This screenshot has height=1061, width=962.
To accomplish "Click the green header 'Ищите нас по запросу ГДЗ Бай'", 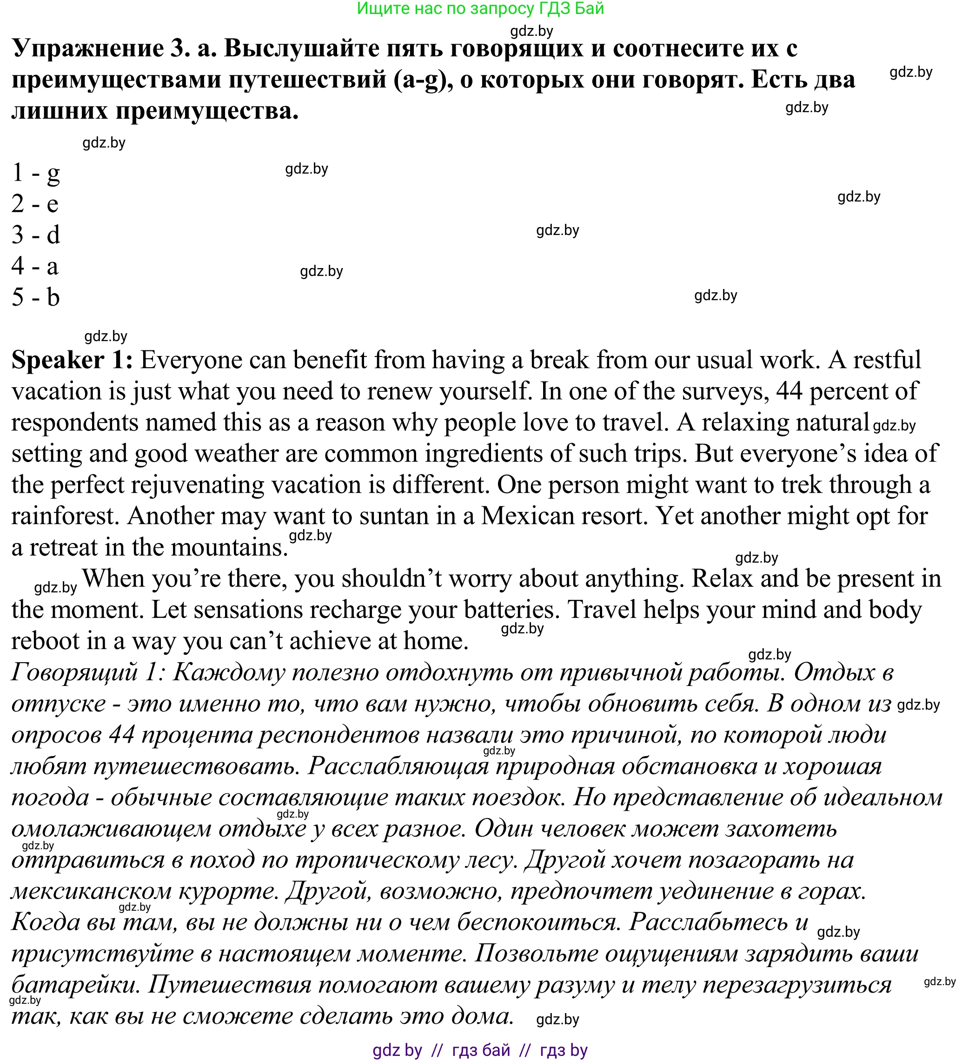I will [480, 8].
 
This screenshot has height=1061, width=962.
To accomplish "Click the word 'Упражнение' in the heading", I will [87, 48].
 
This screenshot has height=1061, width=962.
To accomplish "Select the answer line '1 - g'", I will [36, 173].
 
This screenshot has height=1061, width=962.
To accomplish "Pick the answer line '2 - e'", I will [35, 204].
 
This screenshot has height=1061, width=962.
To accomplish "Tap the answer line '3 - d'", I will [36, 235].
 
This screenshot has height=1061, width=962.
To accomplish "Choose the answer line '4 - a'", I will [35, 266].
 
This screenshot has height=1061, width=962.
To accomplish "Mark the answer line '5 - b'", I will [36, 297].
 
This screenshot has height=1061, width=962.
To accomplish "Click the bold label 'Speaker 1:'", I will [72, 361].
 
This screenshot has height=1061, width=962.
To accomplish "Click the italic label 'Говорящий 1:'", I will [88, 672].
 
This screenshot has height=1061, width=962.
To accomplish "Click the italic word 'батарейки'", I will [73, 985].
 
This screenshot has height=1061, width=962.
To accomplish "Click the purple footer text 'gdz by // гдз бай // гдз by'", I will [480, 1050].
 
